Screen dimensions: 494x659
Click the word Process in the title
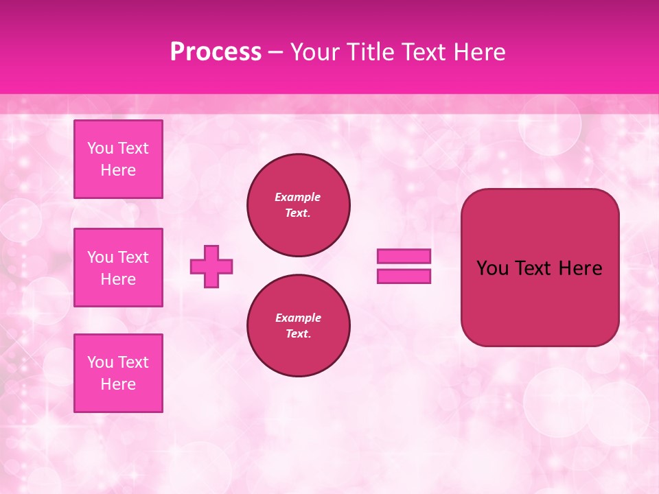pyautogui.click(x=216, y=52)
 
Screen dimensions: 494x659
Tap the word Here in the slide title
pyautogui.click(x=479, y=52)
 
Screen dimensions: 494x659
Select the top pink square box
pyautogui.click(x=118, y=159)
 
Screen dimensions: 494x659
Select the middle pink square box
pyautogui.click(x=118, y=268)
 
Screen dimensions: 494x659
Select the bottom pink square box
pyautogui.click(x=118, y=373)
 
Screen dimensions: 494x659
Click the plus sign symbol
pyautogui.click(x=211, y=266)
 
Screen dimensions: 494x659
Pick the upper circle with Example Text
pyautogui.click(x=299, y=205)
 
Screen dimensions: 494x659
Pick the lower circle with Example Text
pyautogui.click(x=299, y=326)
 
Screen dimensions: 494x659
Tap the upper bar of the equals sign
pyautogui.click(x=404, y=256)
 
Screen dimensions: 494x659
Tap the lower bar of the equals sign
pyautogui.click(x=404, y=277)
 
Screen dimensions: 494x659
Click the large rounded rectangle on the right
pyautogui.click(x=540, y=302)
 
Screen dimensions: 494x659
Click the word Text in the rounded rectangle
pyautogui.click(x=533, y=268)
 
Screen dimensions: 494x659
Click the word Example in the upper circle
pyautogui.click(x=298, y=197)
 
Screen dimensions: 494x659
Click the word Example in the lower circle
pyautogui.click(x=298, y=318)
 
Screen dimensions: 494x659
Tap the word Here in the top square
pyautogui.click(x=118, y=170)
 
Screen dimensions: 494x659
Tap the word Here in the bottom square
pyautogui.click(x=118, y=384)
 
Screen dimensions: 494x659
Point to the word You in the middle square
pyautogui.click(x=100, y=257)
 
